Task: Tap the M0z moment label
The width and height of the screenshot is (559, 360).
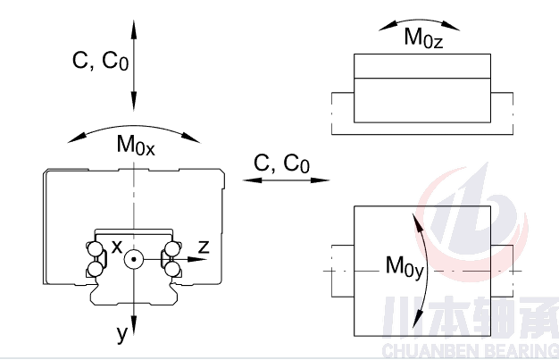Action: [423, 38]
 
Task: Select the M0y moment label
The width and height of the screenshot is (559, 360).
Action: [405, 265]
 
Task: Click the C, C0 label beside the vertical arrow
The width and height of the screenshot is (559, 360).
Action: [99, 60]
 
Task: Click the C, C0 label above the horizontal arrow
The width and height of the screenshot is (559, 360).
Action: [281, 163]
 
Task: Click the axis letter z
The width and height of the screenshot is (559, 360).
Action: [203, 247]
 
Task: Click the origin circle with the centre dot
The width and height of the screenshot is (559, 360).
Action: [134, 259]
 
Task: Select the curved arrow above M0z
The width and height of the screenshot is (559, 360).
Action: [422, 21]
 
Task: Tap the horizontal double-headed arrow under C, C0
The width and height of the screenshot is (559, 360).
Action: [281, 180]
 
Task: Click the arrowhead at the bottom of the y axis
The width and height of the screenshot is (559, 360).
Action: [134, 323]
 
